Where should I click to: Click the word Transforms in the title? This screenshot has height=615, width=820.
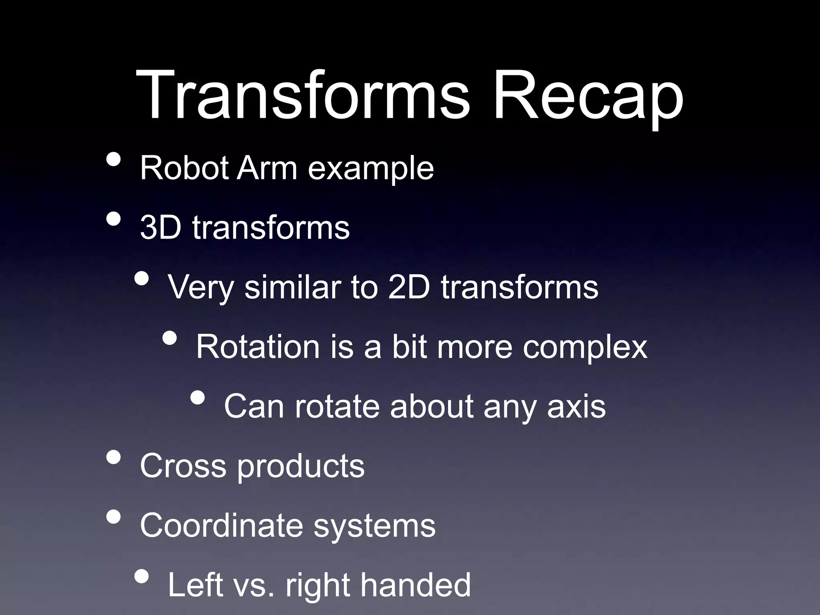[x=302, y=95]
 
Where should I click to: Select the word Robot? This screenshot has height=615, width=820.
[x=184, y=168]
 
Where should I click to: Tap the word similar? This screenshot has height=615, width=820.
[x=292, y=287]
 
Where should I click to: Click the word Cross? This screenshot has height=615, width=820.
[x=183, y=466]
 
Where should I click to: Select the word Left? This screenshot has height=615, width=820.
[x=195, y=585]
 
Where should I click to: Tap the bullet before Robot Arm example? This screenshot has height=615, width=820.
[x=114, y=159]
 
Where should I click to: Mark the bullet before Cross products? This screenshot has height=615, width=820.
[x=114, y=457]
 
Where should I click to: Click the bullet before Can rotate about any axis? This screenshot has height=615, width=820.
[x=197, y=398]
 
